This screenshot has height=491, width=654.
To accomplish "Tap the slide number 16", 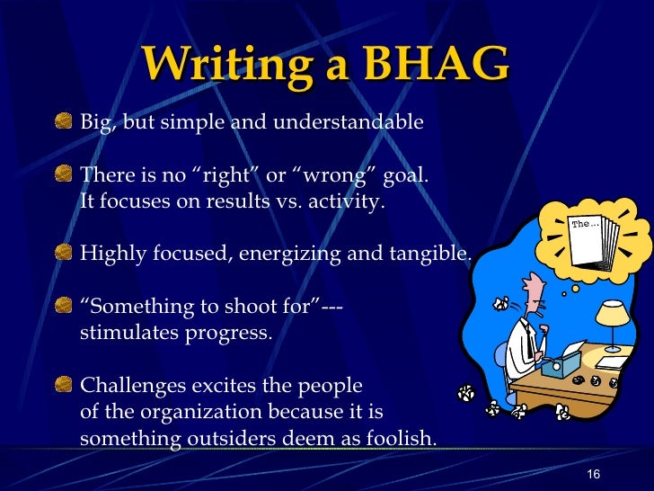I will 592,475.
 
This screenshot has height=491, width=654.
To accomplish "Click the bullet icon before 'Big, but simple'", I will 64,121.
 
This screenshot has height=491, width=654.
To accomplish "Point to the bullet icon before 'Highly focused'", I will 64,254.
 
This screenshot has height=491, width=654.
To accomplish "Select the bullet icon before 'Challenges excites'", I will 64,386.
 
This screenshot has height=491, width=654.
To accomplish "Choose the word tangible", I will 429,254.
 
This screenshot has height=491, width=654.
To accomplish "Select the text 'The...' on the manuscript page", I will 585,223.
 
